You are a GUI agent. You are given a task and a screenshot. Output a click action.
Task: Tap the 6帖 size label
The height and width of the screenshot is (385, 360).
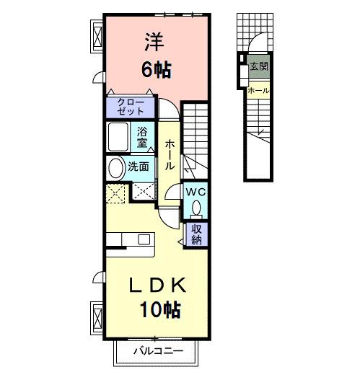[x=154, y=71]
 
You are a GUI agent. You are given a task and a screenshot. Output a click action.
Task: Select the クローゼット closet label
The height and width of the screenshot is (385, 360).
[x=131, y=107]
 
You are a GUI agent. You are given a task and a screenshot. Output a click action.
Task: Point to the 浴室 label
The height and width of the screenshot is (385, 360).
[x=144, y=137]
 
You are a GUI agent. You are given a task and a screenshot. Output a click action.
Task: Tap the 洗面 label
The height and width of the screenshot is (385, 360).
[x=139, y=167]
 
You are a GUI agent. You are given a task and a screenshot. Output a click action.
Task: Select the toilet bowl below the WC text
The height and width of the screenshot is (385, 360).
[x=196, y=208]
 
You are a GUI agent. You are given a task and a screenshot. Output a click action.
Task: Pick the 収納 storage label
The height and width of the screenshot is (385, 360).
[x=196, y=234]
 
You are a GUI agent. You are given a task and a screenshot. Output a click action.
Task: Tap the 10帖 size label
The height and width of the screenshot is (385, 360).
[x=159, y=311]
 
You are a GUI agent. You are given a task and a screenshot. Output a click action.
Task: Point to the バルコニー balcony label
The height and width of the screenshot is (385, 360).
[x=158, y=351]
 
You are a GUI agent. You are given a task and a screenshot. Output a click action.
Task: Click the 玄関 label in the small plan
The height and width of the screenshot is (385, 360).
[x=258, y=67]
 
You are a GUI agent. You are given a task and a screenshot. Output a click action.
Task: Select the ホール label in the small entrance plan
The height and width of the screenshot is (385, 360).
[x=258, y=91]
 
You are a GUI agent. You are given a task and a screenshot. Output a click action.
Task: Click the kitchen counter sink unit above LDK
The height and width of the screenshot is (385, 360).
[x=129, y=239]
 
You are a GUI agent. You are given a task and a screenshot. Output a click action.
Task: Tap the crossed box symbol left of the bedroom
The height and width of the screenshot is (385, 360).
[x=97, y=33]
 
